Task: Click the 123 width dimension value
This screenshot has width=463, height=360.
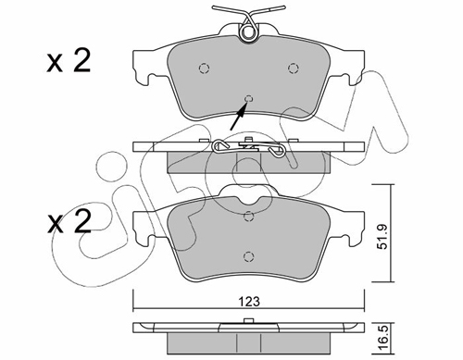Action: (249, 301)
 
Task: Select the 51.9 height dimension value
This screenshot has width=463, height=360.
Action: (383, 237)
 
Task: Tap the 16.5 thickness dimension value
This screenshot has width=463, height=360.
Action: (382, 339)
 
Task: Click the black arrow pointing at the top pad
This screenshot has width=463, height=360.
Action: (239, 117)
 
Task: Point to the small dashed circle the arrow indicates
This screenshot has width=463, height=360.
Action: (248, 99)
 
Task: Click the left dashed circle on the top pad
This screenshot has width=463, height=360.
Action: (204, 68)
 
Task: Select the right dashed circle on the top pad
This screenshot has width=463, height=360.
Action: (293, 68)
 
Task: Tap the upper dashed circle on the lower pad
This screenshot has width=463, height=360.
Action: (248, 217)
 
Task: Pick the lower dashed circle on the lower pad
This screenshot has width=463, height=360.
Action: (248, 256)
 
